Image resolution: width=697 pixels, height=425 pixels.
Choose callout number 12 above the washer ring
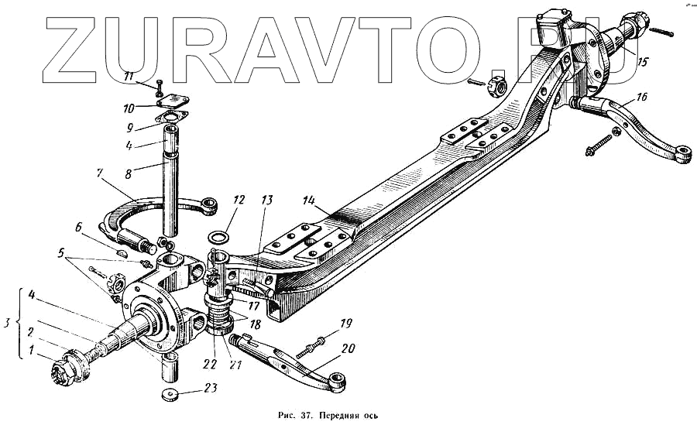pyautogui.click(x=239, y=200)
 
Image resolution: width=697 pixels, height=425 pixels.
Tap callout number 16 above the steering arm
pyautogui.click(x=642, y=97)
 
